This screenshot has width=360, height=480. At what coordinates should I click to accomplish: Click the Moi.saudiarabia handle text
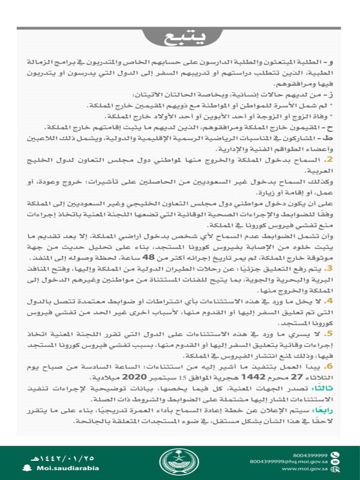(x=62, y=467)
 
